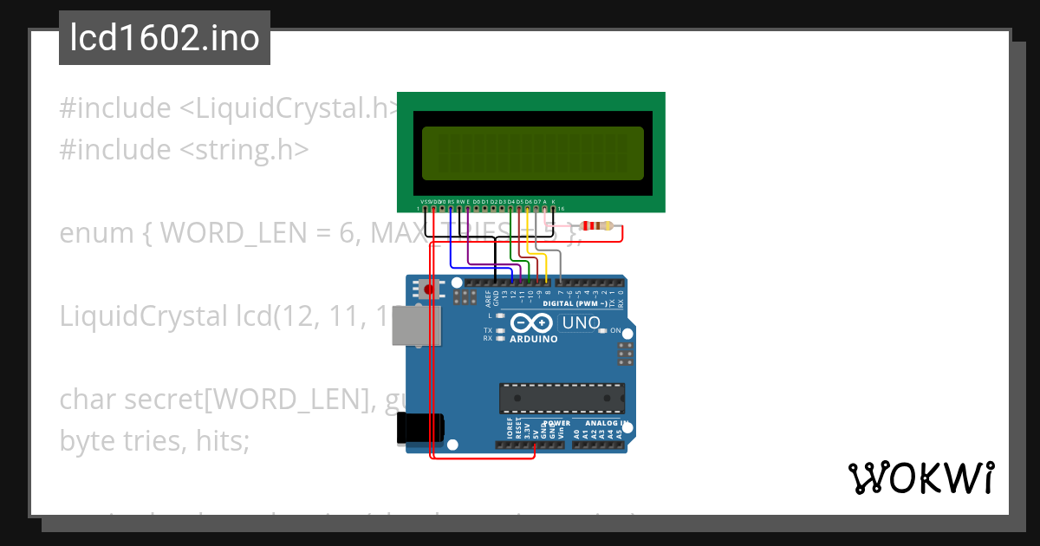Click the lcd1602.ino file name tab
pos(165,38)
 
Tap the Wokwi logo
pos(920,478)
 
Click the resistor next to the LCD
pos(597,227)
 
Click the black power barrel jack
pos(420,429)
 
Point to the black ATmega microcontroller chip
pos(561,398)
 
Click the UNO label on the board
pos(581,323)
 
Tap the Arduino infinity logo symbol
pos(531,323)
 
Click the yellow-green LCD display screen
pos(532,153)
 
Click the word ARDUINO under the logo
pos(533,340)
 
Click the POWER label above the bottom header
pos(556,423)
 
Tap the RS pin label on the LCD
pos(451,201)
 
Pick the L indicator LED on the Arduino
pos(499,316)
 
